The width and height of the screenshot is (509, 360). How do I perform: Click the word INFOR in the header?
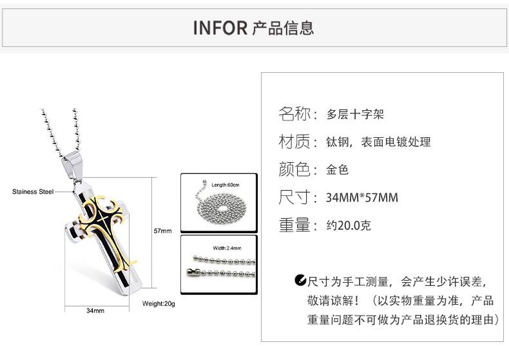(x=220, y=28)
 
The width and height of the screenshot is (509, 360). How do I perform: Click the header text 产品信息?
(x=283, y=28)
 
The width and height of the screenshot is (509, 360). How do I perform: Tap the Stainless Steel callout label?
(x=33, y=191)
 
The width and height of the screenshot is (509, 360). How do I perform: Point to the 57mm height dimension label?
(x=162, y=230)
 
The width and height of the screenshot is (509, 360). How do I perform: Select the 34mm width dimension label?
(x=95, y=310)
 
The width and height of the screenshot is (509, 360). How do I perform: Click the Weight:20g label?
(x=158, y=303)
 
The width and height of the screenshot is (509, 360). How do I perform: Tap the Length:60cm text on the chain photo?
(x=226, y=185)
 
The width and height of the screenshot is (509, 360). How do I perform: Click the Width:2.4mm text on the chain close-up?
(x=226, y=247)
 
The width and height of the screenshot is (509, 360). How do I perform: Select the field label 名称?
(x=295, y=115)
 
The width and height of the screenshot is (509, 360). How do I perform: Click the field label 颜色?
(x=295, y=170)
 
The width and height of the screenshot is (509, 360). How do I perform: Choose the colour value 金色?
(x=338, y=170)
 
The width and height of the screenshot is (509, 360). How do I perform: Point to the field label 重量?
(x=295, y=225)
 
